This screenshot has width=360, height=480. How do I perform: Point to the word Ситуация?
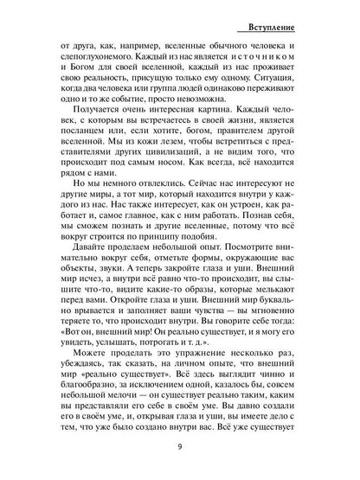[280, 89]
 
